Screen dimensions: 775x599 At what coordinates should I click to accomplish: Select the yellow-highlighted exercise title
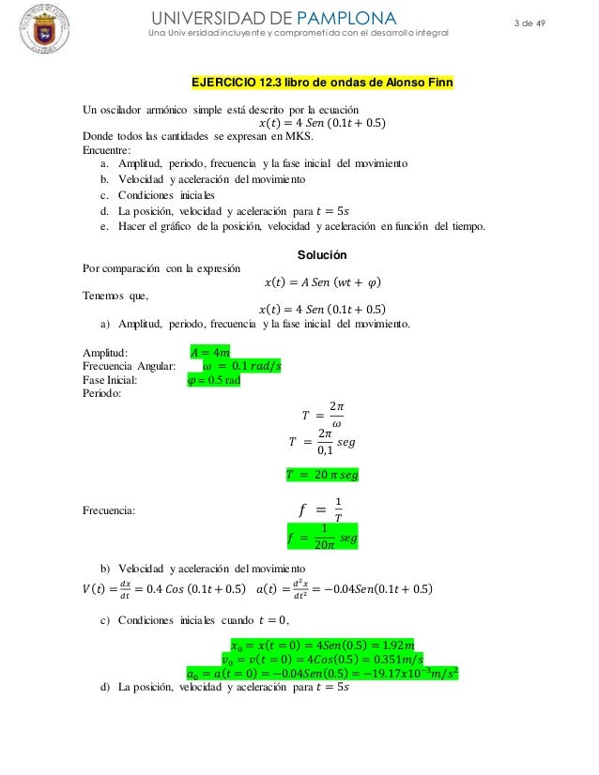coord(323,82)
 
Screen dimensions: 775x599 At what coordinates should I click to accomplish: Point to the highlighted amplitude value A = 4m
coord(209,353)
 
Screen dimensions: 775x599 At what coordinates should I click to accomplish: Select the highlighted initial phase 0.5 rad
coord(214,380)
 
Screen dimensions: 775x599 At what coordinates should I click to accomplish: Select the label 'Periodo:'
coord(103,394)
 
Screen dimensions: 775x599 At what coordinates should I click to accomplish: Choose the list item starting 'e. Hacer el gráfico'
coord(292,226)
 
